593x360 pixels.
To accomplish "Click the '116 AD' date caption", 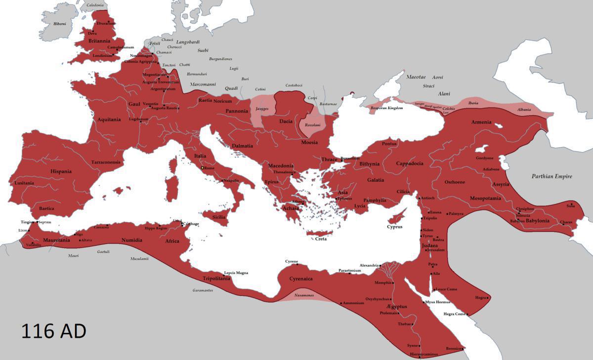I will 53,331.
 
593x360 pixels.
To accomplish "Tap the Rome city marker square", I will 203,168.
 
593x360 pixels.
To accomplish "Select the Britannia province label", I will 99,41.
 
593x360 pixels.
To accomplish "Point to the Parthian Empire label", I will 551,176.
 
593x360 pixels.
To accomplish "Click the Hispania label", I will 61,171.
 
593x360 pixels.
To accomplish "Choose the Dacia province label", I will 286,121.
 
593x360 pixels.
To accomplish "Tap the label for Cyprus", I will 394,227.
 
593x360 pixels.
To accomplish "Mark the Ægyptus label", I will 394,306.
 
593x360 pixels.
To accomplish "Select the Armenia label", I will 481,122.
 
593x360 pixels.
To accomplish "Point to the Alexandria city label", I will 369,265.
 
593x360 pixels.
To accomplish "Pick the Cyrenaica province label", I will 301,279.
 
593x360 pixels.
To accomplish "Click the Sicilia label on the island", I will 218,217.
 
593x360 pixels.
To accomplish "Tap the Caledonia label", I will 95,5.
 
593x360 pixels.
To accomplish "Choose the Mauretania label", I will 56,240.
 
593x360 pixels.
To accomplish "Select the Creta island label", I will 321,239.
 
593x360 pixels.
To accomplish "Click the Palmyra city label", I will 456,214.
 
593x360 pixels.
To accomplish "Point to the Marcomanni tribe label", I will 203,84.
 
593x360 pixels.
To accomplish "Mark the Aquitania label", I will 109,120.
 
